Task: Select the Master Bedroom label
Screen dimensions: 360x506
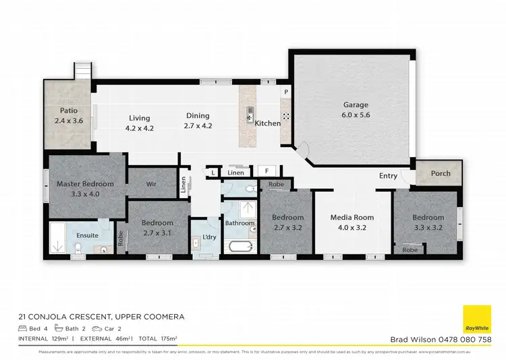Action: [85, 183]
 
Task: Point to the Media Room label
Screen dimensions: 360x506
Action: [352, 218]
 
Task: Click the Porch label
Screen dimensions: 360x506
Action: [441, 173]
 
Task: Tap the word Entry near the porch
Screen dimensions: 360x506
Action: [388, 176]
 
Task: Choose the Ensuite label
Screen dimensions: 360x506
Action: [86, 235]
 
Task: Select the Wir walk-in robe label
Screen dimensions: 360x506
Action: [151, 183]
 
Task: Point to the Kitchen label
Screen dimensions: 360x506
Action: [267, 123]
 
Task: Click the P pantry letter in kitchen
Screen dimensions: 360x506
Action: [286, 92]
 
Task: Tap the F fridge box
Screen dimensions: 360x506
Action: [266, 172]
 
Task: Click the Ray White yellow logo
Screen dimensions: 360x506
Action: [476, 320]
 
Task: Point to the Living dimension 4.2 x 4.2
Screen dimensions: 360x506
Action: [140, 127]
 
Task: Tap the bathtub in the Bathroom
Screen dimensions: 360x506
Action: [240, 245]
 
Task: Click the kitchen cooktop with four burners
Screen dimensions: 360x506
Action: [286, 115]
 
